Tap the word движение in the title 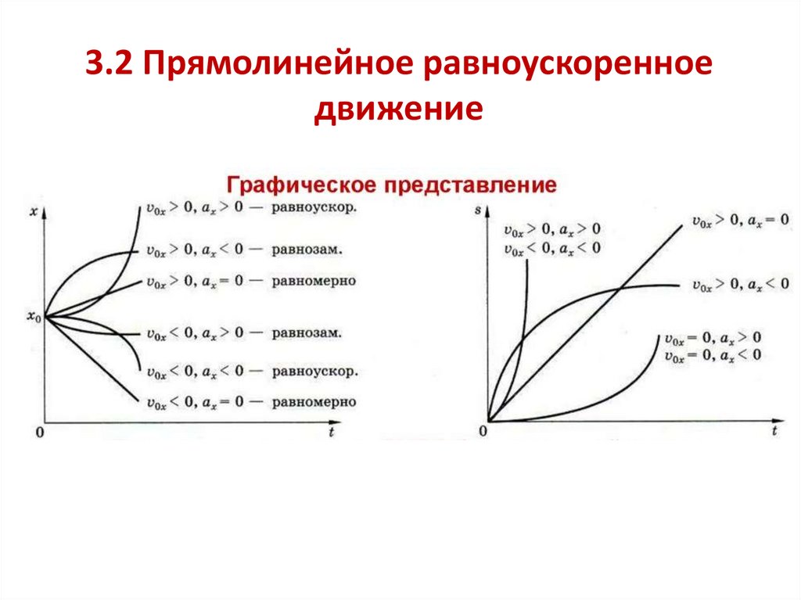(400, 108)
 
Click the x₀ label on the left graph (32, 316)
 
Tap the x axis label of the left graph (34, 210)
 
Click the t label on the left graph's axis (332, 431)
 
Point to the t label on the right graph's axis (774, 431)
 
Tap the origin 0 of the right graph (483, 432)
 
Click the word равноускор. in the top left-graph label (315, 208)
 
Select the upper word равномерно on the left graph (314, 280)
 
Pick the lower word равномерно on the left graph (314, 402)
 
